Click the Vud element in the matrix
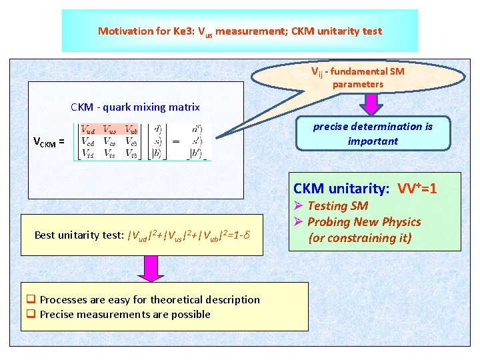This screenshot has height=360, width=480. [x=88, y=130]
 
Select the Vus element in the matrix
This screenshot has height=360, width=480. [x=110, y=130]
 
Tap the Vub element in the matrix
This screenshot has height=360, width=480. [x=131, y=130]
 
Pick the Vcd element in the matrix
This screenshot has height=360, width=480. [x=88, y=142]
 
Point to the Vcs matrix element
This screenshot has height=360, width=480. [x=110, y=142]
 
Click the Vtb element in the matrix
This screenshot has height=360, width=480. [x=131, y=154]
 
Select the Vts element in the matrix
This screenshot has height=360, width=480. [x=110, y=154]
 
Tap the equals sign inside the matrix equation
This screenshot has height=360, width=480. [x=175, y=141]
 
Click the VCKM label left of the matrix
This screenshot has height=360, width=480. [x=49, y=141]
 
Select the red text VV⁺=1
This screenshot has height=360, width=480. [x=417, y=189]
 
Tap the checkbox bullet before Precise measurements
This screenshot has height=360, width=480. [x=30, y=315]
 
